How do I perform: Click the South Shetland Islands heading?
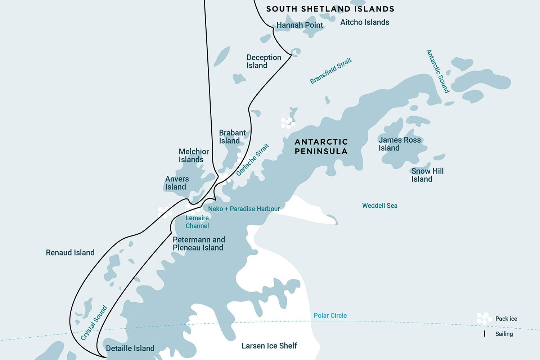330,9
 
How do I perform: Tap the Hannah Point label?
300,25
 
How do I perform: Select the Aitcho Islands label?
365,22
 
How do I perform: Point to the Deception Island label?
264,62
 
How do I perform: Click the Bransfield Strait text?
330,71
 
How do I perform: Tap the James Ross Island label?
399,144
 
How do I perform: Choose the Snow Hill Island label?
427,175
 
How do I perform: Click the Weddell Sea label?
379,206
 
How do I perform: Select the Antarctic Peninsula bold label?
321,147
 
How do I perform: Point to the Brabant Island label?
232,137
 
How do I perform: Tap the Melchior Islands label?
193,156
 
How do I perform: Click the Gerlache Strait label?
253,160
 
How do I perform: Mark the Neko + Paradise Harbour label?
244,209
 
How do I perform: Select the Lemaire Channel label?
197,222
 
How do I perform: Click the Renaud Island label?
70,253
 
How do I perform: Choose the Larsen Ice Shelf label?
269,346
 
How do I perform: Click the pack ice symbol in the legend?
484,318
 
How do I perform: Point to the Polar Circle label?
330,316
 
